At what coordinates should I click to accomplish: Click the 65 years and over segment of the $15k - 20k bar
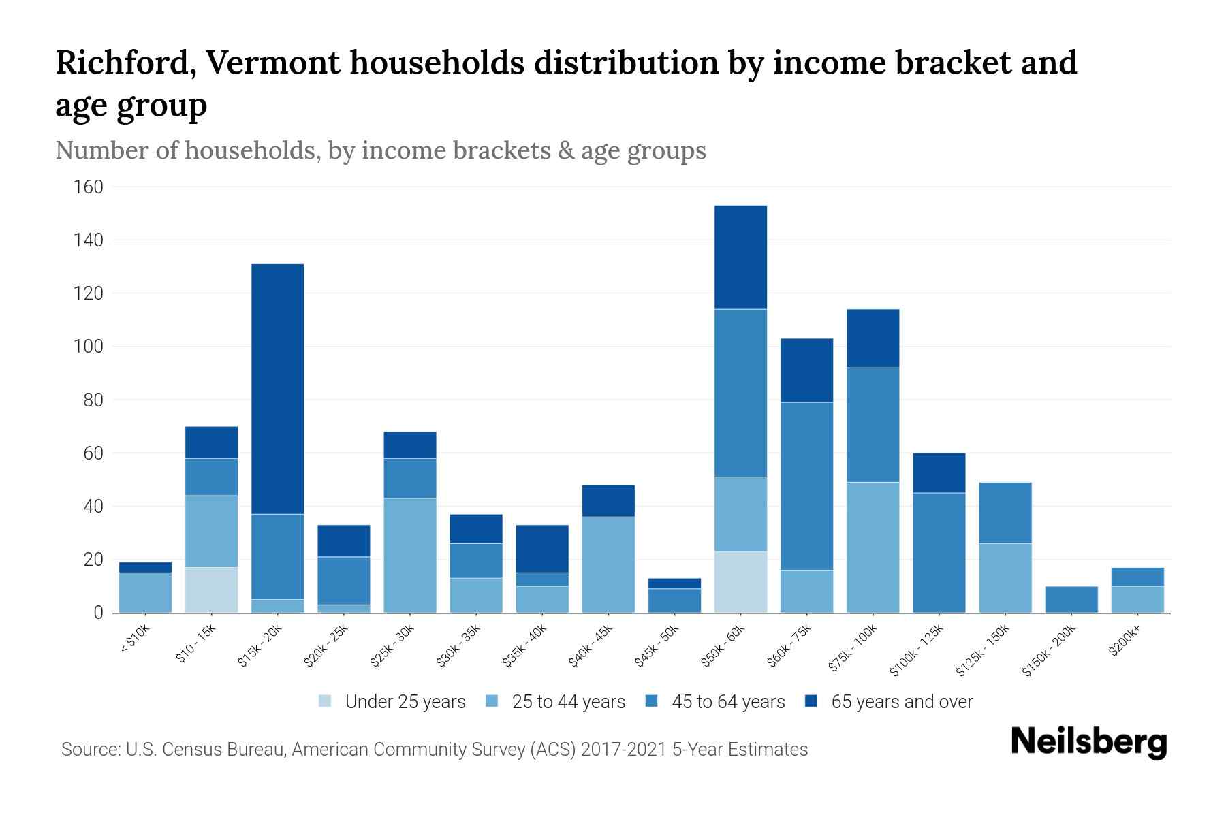point(278,389)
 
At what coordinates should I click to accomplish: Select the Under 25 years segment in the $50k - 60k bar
point(740,581)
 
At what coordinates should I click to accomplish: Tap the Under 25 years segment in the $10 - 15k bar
point(211,590)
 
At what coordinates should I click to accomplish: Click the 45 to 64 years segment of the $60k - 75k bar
point(806,485)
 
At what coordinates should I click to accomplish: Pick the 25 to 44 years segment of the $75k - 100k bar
point(873,547)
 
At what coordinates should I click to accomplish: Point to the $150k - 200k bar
point(1071,599)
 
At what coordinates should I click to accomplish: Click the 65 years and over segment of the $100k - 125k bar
point(939,472)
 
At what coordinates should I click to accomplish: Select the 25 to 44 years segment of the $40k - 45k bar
point(608,564)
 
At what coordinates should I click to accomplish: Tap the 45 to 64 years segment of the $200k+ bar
point(1137,577)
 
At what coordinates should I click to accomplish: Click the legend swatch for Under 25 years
point(326,701)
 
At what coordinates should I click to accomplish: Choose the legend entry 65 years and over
point(901,701)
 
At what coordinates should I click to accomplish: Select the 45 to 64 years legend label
point(727,701)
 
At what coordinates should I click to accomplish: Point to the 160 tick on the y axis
point(88,187)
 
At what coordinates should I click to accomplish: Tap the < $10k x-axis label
point(135,640)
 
